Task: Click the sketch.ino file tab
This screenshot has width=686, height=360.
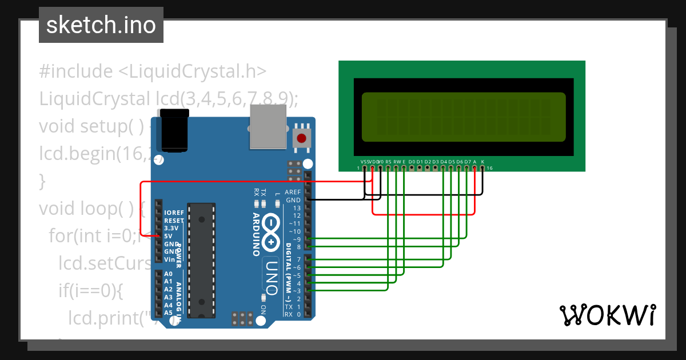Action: (101, 25)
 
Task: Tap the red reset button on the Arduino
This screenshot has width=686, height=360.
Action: (302, 138)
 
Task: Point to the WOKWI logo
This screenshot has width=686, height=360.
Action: (607, 315)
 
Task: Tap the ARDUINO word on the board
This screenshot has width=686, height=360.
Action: (256, 234)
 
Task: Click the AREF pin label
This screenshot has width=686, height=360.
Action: (293, 193)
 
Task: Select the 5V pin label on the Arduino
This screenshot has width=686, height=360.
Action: (169, 236)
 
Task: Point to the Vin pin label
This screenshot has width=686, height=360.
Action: (170, 259)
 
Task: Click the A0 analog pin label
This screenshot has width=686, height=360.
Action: (168, 274)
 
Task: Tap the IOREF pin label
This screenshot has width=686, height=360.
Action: (174, 213)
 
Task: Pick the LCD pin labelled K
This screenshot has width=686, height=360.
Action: (482, 162)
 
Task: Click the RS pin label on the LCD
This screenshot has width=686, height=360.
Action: (388, 162)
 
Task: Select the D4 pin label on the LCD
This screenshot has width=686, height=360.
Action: (443, 162)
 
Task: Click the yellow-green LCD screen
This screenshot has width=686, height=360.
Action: (464, 117)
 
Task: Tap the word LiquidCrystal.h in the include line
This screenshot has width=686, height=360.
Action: (198, 71)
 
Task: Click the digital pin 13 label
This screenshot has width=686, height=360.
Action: (296, 208)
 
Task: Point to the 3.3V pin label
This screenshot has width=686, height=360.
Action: (171, 228)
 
